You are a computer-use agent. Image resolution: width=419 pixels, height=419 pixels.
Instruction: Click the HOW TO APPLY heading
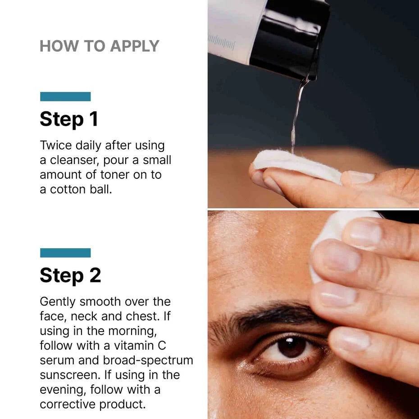click(99, 46)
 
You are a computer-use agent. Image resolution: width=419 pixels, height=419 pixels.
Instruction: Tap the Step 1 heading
click(69, 119)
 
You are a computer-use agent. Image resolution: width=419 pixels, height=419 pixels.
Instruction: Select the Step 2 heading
click(70, 275)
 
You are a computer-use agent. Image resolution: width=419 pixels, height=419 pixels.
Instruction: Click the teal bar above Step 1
click(65, 96)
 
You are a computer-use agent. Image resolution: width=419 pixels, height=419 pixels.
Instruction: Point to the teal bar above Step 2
click(65, 253)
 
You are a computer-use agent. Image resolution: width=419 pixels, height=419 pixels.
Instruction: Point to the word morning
click(132, 331)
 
